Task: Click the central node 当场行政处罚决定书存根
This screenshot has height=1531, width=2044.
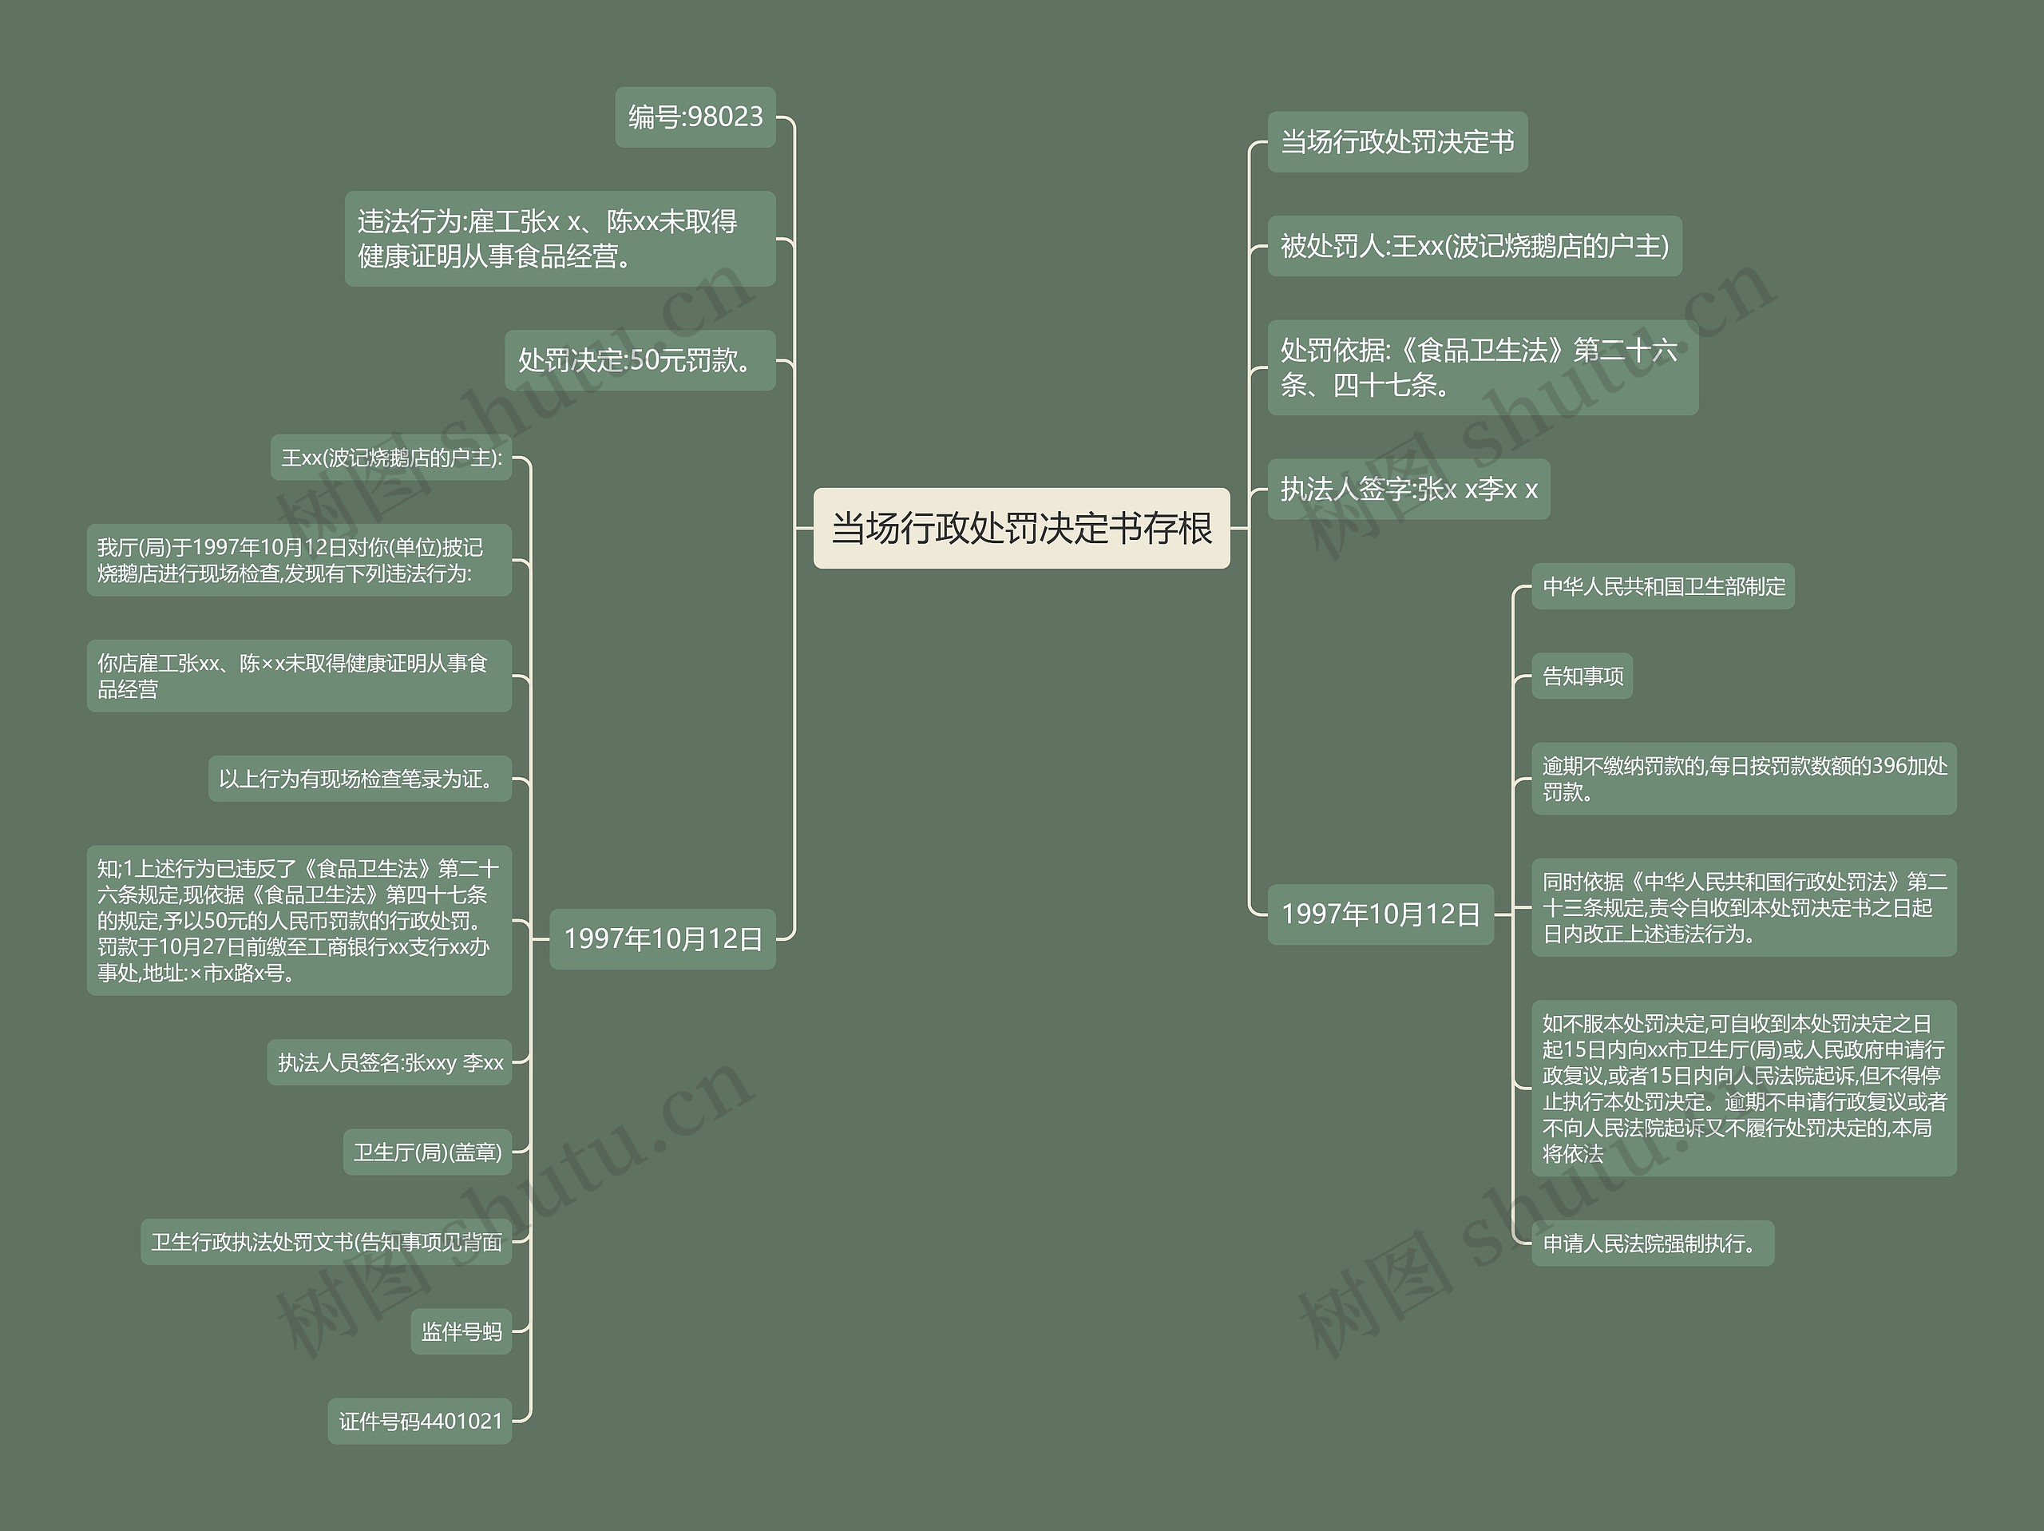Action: pos(1021,528)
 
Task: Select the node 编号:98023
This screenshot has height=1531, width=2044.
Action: pos(695,117)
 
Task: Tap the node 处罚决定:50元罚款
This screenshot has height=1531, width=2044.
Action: pos(640,360)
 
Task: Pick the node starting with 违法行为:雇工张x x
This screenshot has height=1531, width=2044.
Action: pos(560,239)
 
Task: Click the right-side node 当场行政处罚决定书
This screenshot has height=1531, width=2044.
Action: pos(1397,142)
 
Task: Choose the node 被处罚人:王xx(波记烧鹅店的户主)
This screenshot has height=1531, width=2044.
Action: pos(1474,246)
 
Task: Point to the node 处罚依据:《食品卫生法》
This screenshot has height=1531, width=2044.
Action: pos(1482,367)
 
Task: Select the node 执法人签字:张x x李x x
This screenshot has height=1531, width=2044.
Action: pos(1408,489)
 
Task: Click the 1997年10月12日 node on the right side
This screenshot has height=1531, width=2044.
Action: pos(1380,914)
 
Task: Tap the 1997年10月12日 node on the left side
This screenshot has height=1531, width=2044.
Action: pos(663,939)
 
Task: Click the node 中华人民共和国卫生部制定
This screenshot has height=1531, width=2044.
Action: pos(1663,586)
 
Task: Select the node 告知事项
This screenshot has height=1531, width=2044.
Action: pos(1582,676)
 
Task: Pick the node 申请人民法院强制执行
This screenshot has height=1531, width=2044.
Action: pos(1652,1243)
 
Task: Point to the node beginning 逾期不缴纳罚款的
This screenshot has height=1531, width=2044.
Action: pos(1744,779)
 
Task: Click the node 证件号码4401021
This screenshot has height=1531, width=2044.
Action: pos(419,1421)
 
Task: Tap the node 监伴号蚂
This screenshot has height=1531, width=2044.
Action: pos(461,1331)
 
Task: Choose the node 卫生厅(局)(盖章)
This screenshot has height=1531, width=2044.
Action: pos(427,1152)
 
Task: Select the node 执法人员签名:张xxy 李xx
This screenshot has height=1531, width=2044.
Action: pos(390,1062)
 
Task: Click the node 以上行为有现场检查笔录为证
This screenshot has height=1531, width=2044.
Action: pos(359,779)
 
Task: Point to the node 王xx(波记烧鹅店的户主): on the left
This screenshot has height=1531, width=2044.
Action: pos(391,458)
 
